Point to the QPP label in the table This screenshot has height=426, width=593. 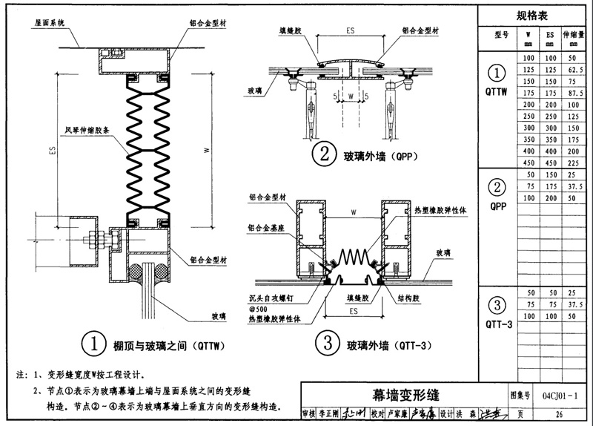[x=498, y=207]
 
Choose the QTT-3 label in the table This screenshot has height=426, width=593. [x=498, y=324]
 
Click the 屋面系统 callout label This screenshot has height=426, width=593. [x=47, y=22]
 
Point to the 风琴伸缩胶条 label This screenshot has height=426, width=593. [x=87, y=128]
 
